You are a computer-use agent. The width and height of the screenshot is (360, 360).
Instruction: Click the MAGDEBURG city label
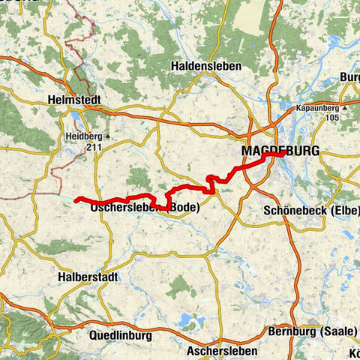pos(280,151)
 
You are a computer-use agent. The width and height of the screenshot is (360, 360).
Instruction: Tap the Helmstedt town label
pos(73,99)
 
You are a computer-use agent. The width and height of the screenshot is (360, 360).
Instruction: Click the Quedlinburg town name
pos(121,335)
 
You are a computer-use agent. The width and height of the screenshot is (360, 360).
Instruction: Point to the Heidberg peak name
pos(81,137)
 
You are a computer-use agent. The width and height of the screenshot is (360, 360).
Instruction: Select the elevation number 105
pos(333,118)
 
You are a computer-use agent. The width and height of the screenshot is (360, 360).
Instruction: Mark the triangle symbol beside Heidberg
pos(107,137)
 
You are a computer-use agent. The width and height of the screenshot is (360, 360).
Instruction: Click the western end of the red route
pos(77,199)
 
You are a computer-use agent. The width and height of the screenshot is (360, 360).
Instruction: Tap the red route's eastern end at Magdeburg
pos(275,156)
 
